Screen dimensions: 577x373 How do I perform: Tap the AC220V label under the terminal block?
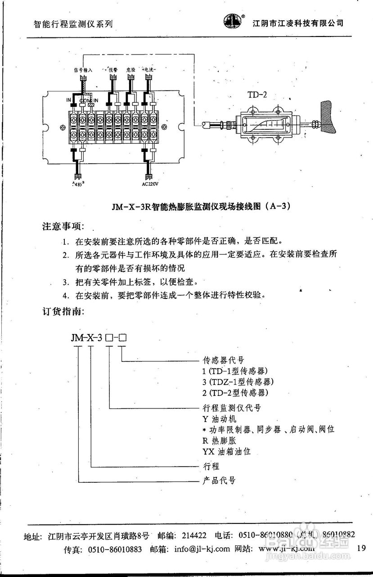point(150,184)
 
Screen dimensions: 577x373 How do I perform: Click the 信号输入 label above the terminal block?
point(83,70)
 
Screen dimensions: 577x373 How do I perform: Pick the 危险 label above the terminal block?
point(131,70)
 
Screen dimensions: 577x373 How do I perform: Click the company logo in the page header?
point(233,20)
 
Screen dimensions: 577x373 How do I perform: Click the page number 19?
point(360,548)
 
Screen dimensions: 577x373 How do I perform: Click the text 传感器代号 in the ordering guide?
point(224,360)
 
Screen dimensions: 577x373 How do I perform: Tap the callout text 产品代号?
point(218,480)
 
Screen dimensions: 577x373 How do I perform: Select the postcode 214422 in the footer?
point(194,536)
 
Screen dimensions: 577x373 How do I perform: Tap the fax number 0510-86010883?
point(115,549)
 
